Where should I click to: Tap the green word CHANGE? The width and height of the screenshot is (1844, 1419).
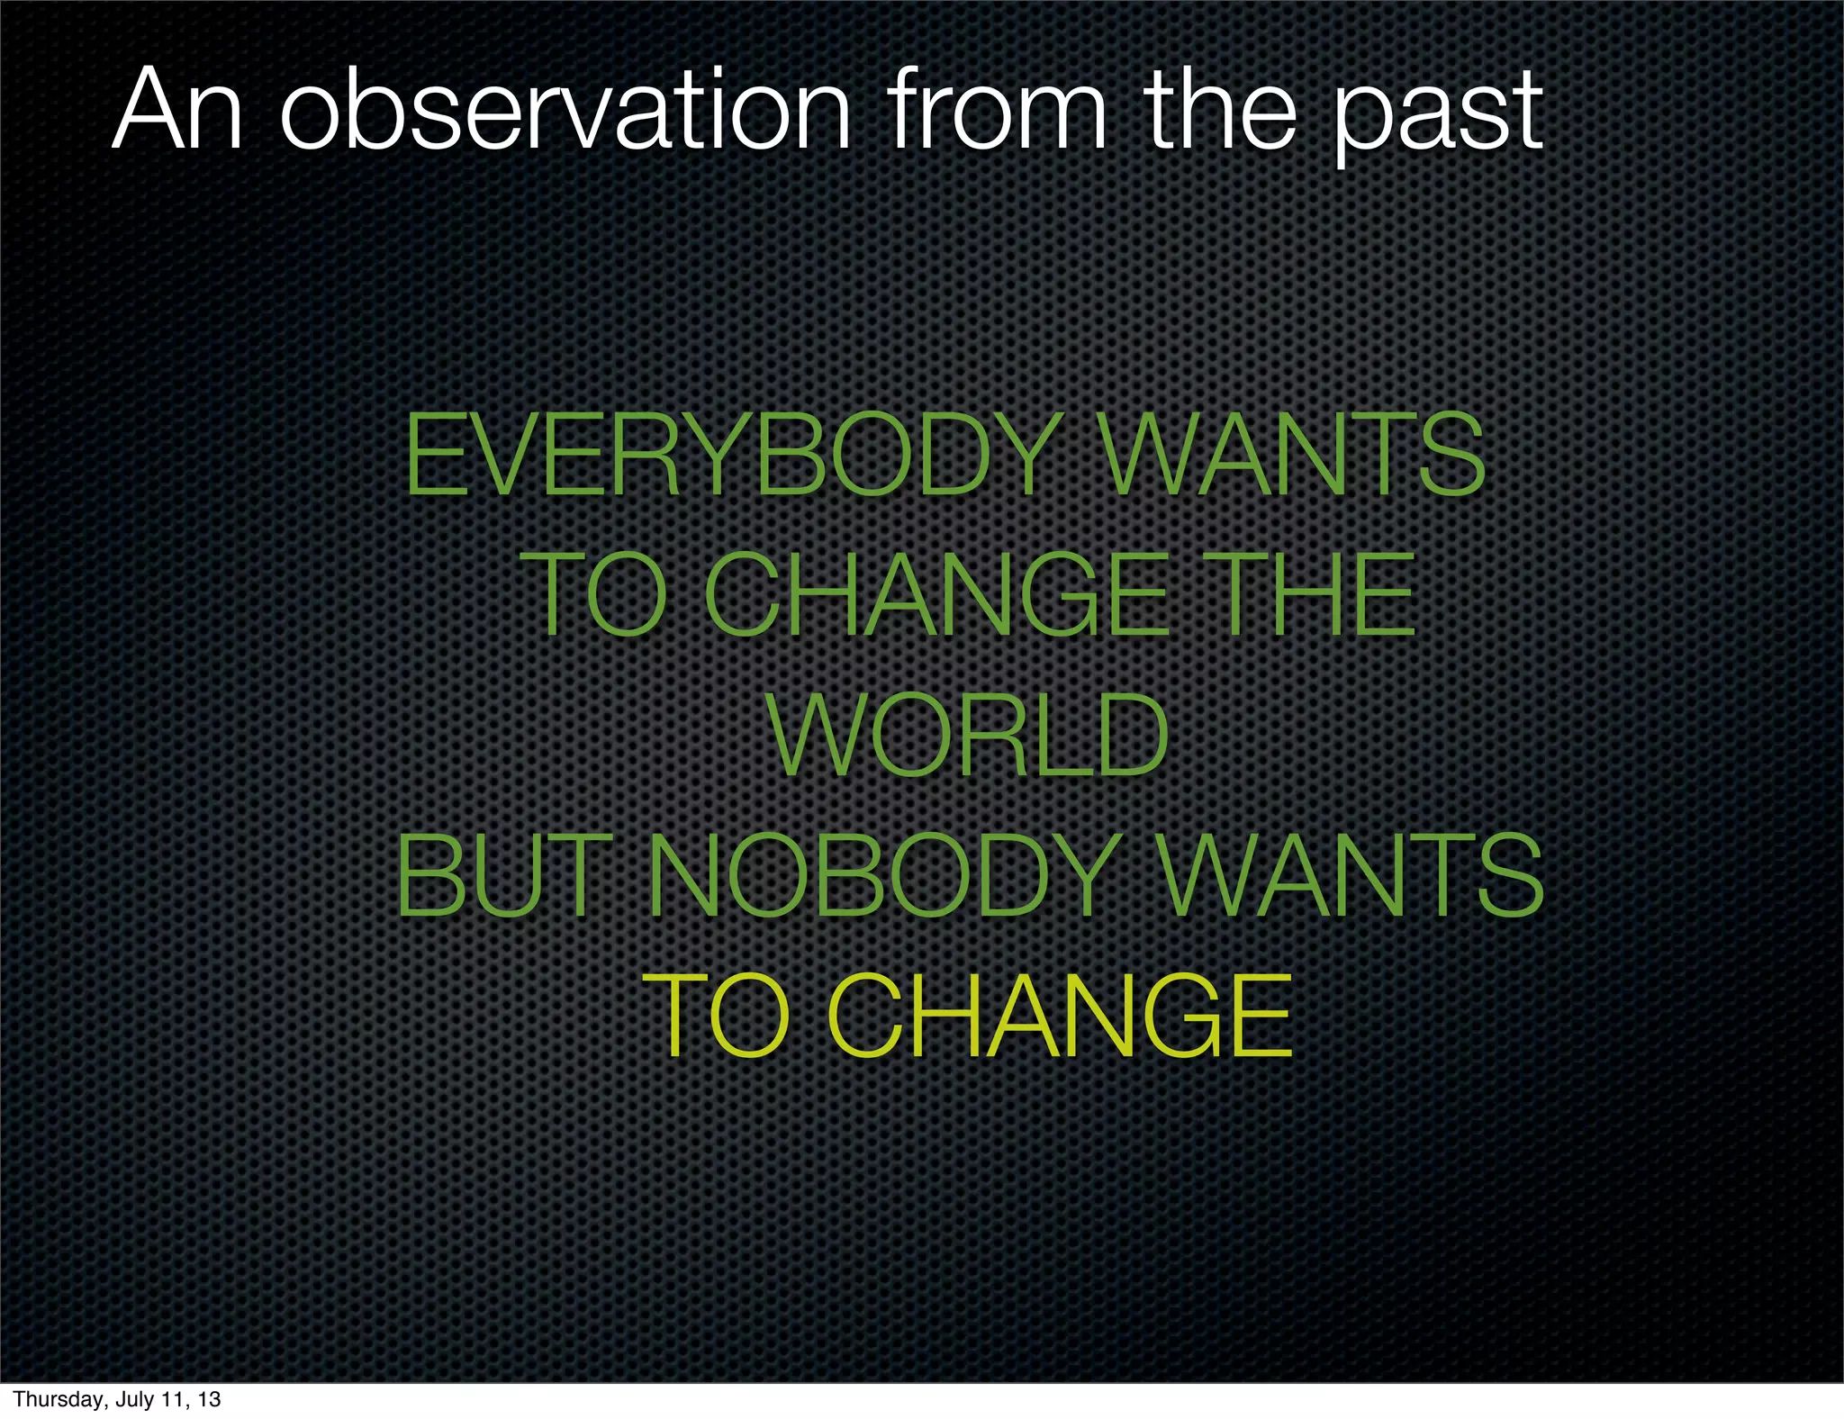(936, 595)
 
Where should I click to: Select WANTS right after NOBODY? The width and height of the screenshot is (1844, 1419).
(1351, 875)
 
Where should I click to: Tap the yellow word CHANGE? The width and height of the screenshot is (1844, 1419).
(1059, 1017)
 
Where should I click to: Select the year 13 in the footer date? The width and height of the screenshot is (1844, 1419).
(209, 1399)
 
